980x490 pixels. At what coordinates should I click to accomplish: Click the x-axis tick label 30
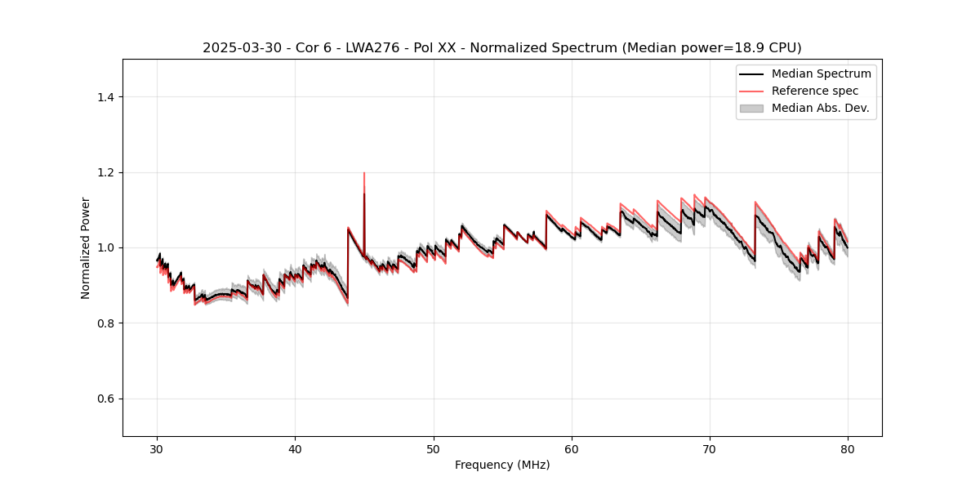158,449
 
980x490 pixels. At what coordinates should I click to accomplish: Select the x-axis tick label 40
296,449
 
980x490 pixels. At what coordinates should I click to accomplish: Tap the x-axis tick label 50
434,449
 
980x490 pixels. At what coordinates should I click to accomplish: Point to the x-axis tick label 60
572,449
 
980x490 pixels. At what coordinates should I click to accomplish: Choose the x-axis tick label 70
710,449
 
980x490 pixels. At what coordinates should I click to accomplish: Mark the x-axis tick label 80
848,449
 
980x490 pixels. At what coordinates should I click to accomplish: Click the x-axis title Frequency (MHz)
502,465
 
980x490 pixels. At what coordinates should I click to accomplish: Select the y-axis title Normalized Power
85,247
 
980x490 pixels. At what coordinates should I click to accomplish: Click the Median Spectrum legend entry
821,73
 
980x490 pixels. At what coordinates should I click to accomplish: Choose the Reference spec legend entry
814,91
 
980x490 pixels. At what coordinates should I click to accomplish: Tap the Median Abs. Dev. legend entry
820,108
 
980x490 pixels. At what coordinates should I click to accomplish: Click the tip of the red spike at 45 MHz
364,173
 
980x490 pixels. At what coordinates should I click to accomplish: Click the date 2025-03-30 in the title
235,48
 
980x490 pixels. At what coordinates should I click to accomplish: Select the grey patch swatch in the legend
751,108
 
